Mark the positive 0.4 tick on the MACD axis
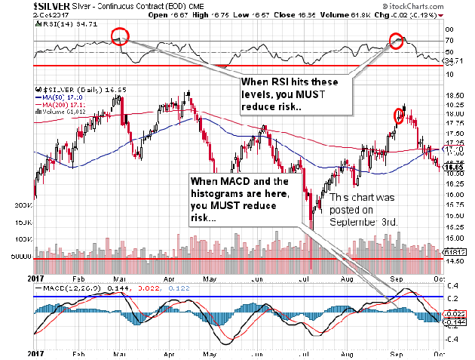coord(452,285)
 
